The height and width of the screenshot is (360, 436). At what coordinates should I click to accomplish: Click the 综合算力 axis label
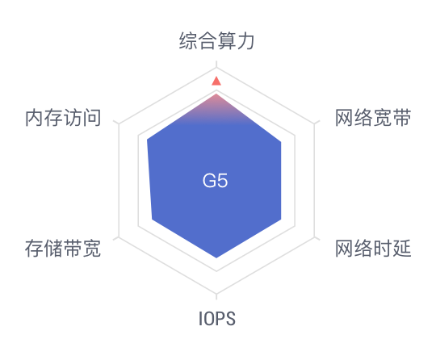pyautogui.click(x=216, y=40)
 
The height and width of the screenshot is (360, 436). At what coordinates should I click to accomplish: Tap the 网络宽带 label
pyautogui.click(x=373, y=118)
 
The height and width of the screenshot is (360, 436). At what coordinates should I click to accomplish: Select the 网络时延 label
pyautogui.click(x=373, y=249)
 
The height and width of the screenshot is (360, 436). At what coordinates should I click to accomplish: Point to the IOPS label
pyautogui.click(x=217, y=318)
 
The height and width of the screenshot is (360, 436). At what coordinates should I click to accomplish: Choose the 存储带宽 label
pyautogui.click(x=63, y=249)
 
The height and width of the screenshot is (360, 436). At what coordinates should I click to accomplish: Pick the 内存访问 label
pyautogui.click(x=63, y=118)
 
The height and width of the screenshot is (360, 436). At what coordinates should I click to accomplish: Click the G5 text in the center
pyautogui.click(x=215, y=181)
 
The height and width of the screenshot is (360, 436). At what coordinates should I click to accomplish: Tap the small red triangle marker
pyautogui.click(x=216, y=81)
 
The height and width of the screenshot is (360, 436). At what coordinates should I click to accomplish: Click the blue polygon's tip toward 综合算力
pyautogui.click(x=216, y=94)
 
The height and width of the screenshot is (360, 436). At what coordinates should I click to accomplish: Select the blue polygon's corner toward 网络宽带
pyautogui.click(x=281, y=142)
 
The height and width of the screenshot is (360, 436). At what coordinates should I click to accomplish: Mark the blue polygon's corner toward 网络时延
pyautogui.click(x=281, y=220)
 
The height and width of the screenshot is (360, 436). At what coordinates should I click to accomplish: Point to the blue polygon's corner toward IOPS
pyautogui.click(x=216, y=258)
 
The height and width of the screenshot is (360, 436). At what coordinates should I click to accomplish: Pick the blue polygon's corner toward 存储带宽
pyautogui.click(x=152, y=220)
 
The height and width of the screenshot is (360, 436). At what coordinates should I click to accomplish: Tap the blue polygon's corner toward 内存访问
pyautogui.click(x=147, y=139)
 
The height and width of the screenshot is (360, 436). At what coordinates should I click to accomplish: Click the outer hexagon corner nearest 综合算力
pyautogui.click(x=216, y=68)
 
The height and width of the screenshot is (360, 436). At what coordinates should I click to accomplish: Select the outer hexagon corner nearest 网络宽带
pyautogui.click(x=314, y=123)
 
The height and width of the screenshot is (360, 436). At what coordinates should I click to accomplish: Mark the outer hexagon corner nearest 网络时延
pyautogui.click(x=314, y=237)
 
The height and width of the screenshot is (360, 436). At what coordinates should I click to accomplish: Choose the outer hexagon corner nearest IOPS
pyautogui.click(x=216, y=294)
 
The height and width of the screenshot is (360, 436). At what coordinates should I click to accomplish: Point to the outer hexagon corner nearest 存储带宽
pyautogui.click(x=119, y=237)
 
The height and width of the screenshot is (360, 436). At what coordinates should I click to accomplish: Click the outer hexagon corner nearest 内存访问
pyautogui.click(x=119, y=123)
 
